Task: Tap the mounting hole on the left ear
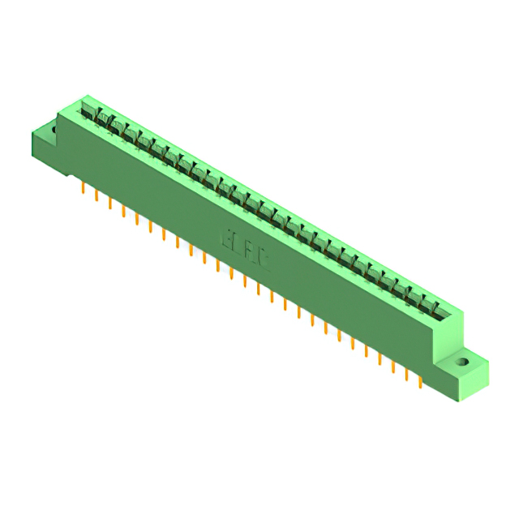(x=55, y=128)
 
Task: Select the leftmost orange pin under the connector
(x=84, y=188)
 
